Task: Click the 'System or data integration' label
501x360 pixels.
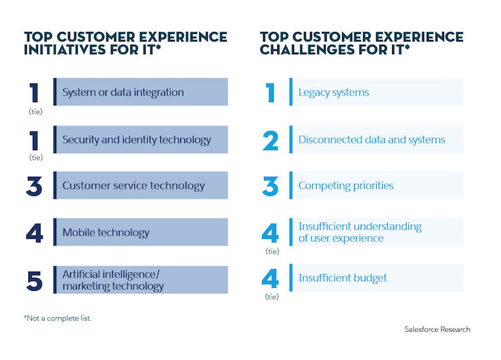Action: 123,92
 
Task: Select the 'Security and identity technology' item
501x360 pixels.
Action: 136,140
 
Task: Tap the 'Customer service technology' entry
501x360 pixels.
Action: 134,186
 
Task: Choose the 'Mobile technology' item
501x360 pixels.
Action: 106,232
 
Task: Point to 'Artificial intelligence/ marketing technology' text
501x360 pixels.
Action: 113,280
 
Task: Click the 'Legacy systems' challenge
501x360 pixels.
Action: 333,92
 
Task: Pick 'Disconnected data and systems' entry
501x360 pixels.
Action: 371,140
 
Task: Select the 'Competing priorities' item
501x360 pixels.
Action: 346,186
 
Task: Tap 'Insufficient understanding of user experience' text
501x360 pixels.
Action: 360,232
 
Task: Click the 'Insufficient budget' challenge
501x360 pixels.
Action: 343,278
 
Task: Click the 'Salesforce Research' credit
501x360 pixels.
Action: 437,329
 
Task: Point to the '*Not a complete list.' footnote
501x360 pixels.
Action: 57,318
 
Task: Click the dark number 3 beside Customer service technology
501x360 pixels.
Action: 34,186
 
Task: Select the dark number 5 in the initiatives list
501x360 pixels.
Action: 34,280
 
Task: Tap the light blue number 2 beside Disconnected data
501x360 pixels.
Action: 271,140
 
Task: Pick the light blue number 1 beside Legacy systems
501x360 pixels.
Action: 271,92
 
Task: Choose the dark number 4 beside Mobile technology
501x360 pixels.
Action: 34,232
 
